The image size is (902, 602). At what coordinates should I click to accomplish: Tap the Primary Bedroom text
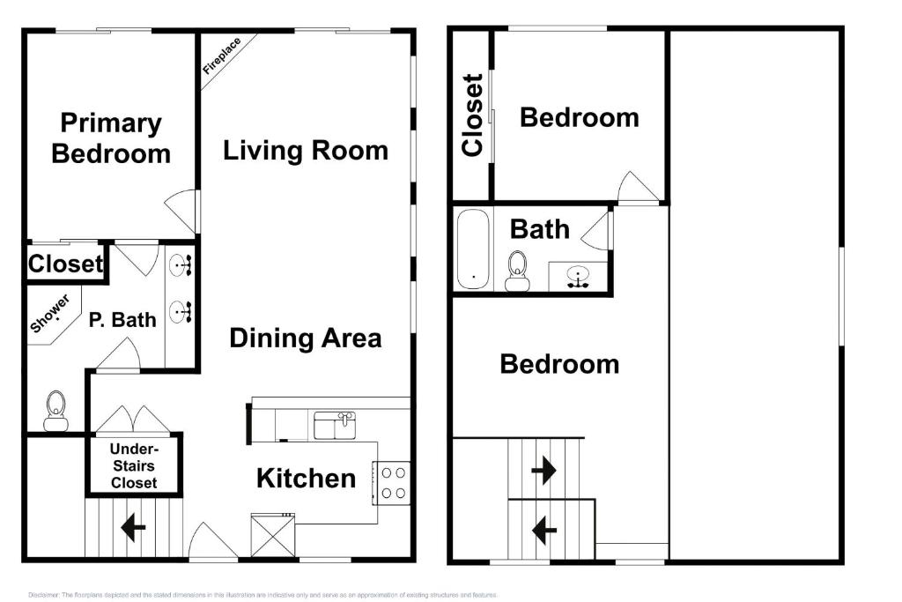pos(111,138)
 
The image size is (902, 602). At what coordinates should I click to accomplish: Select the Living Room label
pos(306,150)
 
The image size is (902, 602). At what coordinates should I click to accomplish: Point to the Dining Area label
pos(306,338)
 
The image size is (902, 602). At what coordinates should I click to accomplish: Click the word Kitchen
pos(306,479)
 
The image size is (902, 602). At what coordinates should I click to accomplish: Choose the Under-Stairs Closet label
pos(134,465)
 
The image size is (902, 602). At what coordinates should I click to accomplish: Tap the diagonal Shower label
pos(50,314)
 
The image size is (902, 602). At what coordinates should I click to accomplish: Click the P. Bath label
pos(122,320)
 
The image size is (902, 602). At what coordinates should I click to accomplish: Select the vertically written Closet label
pos(473,115)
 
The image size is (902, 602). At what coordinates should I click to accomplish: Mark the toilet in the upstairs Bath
pos(516,270)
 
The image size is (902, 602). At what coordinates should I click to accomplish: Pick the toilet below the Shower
pos(55,411)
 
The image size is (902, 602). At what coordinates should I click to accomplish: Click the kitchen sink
pos(335,425)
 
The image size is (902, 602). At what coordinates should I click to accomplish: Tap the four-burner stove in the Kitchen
pos(394,483)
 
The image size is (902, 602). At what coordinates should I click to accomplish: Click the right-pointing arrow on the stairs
pos(543,471)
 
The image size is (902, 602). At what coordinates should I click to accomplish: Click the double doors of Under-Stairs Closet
pos(133,420)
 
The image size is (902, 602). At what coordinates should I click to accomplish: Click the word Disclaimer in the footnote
pos(43,595)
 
